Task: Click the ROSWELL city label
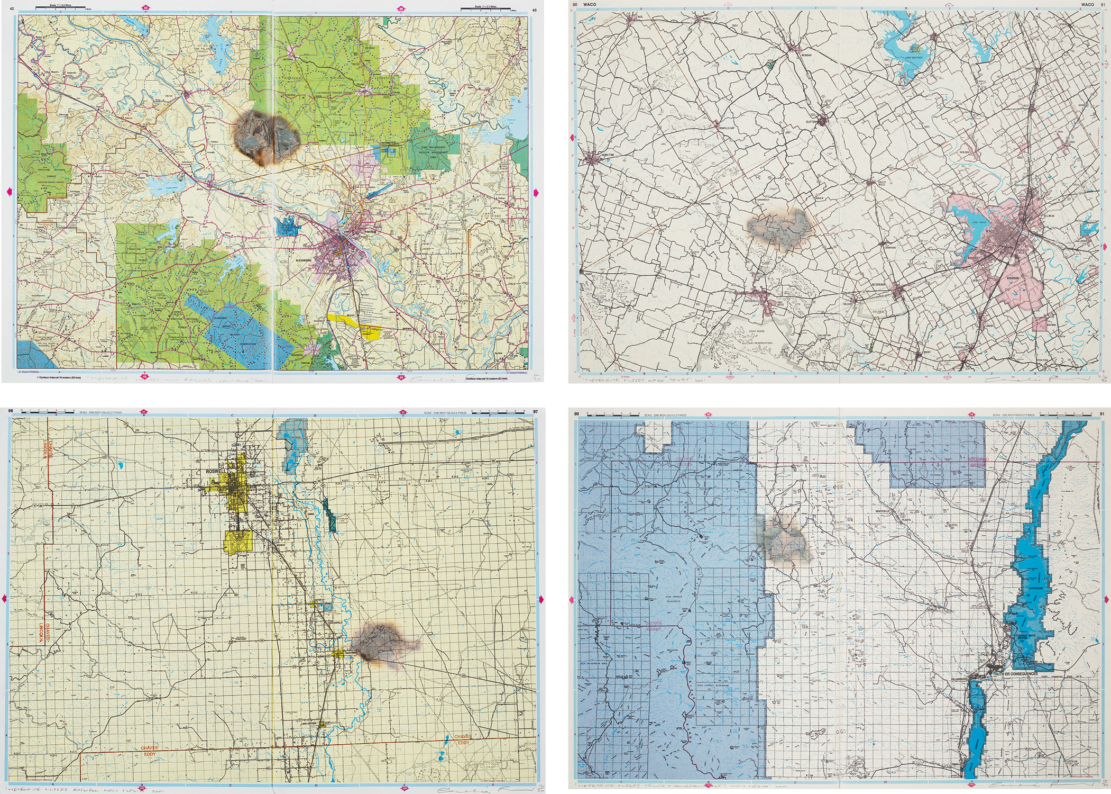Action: tap(216, 471)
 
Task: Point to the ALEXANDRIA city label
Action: tap(304, 260)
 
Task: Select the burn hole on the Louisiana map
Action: tap(266, 136)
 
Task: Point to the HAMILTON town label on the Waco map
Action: tap(608, 155)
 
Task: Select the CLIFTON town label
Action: tap(811, 122)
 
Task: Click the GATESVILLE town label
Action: tap(752, 301)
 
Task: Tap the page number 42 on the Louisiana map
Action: tap(12, 10)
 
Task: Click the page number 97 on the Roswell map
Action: tap(536, 411)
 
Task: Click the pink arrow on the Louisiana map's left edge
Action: tap(8, 192)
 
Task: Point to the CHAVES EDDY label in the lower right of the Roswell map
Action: tap(463, 739)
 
